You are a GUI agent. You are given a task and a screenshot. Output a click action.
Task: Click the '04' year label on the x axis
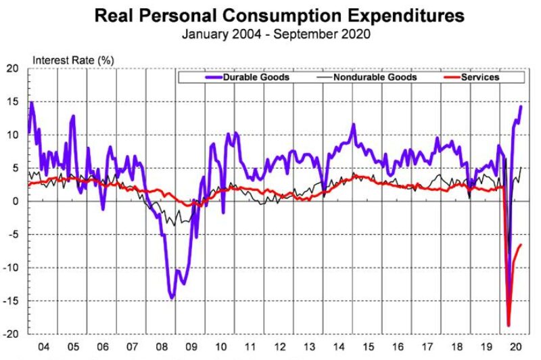(43, 346)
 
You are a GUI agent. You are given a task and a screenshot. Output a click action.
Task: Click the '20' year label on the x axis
(516, 346)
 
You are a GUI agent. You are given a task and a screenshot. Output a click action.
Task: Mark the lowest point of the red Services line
(508, 325)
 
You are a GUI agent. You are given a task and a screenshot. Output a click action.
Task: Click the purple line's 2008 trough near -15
(172, 297)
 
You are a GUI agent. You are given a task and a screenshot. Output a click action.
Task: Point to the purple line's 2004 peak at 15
(32, 102)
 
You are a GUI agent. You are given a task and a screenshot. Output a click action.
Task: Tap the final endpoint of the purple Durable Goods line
(521, 106)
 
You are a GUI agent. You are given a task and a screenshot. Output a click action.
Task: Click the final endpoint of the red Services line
(521, 245)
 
